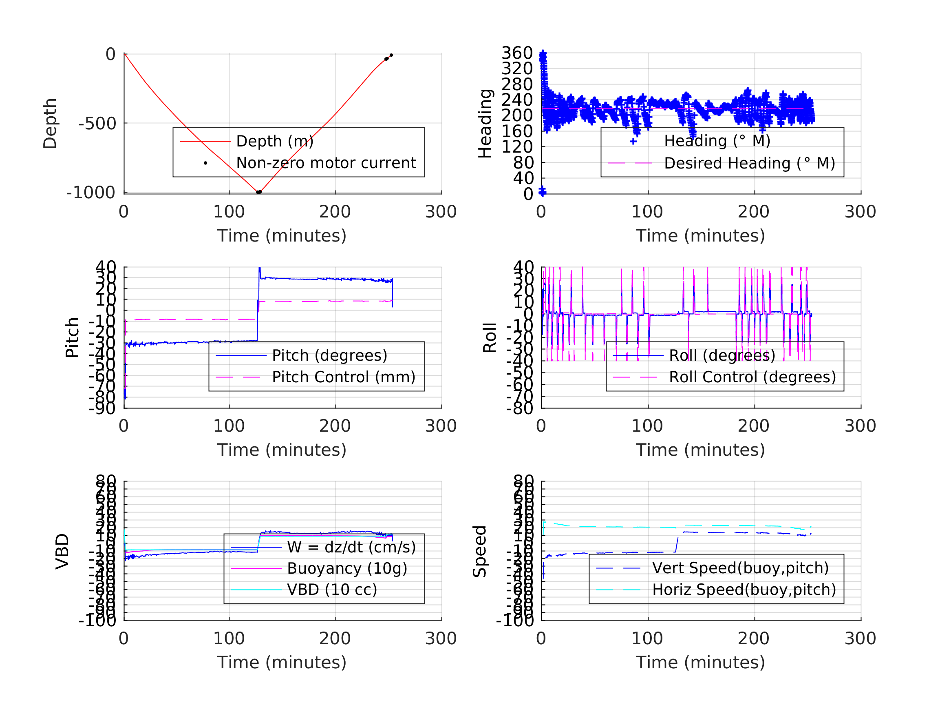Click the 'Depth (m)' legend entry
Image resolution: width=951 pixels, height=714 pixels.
pos(275,141)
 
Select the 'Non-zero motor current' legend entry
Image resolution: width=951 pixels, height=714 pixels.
pos(325,163)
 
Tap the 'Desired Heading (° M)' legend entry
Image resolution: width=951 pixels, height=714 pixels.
pos(749,164)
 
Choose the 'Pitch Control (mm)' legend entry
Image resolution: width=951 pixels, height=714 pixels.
pos(343,377)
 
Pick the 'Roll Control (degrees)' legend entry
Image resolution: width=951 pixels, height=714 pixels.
pos(752,377)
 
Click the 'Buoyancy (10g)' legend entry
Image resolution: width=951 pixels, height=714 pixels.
pos(346,568)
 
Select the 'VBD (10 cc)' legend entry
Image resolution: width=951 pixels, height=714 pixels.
pos(331,590)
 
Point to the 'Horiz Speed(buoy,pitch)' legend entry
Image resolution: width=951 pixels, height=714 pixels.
pos(744,590)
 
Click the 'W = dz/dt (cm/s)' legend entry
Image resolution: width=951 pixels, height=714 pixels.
pos(351,548)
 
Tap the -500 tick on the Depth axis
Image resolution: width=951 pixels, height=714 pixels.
pos(97,124)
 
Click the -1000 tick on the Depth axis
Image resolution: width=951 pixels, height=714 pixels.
pos(91,193)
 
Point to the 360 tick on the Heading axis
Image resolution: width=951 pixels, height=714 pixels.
pos(517,53)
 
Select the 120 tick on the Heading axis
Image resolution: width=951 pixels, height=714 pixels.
pos(517,147)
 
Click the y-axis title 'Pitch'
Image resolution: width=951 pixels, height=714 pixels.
pos(72,338)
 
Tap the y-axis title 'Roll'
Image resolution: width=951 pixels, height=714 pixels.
pos(490,338)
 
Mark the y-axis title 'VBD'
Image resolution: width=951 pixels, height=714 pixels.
pos(62,552)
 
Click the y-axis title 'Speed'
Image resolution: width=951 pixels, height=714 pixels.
pos(480,552)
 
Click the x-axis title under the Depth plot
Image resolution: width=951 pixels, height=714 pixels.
pos(282,236)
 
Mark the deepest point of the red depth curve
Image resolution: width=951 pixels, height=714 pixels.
pos(258,192)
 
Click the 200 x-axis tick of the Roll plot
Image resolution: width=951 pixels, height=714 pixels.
pos(754,426)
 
